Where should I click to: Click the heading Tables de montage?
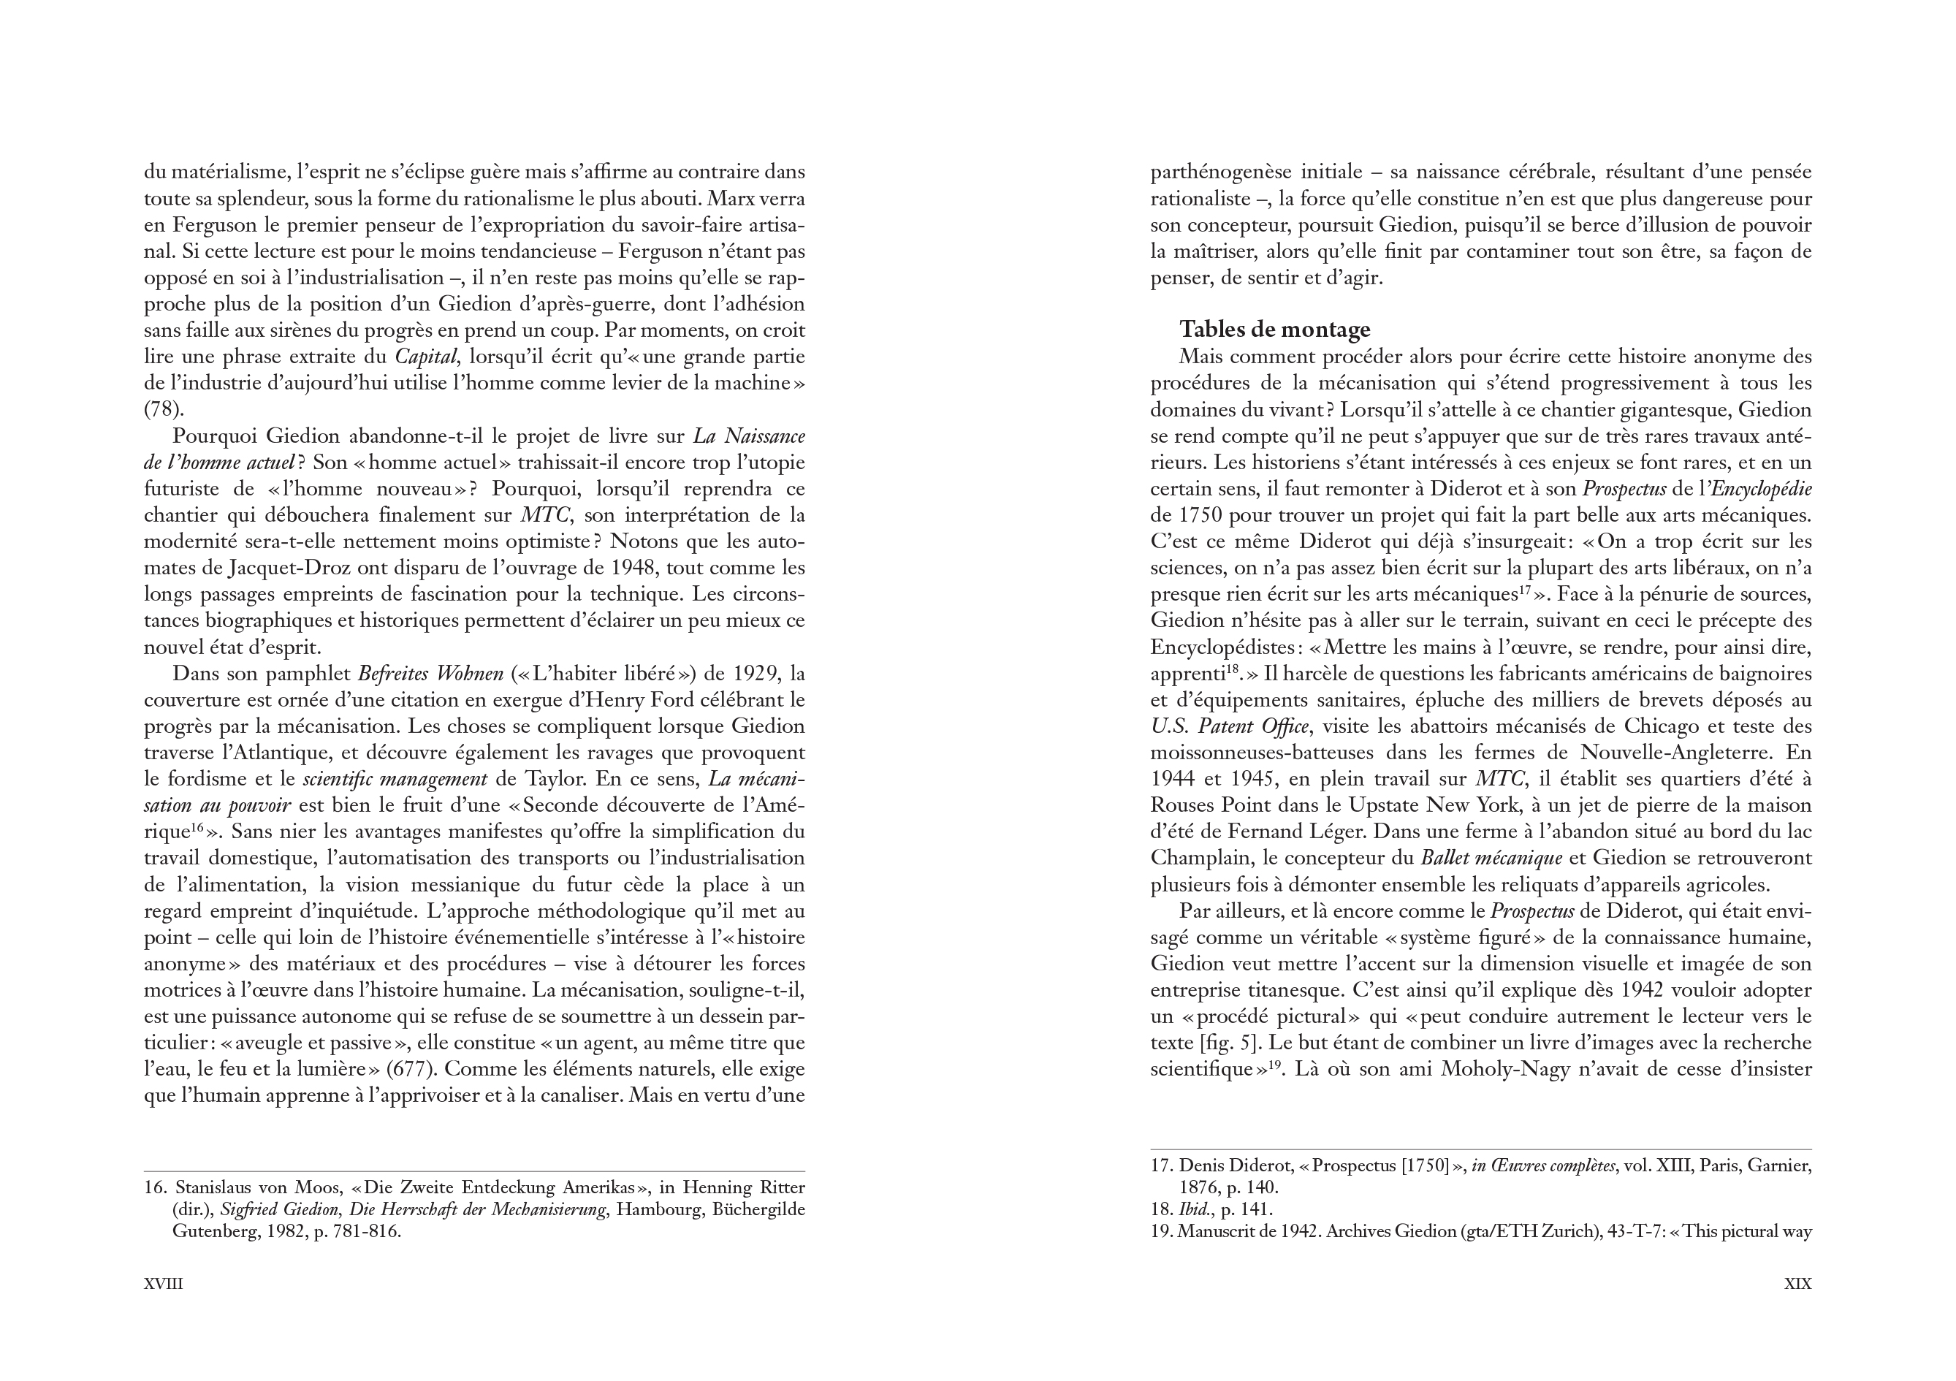point(1274,330)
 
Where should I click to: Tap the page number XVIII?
point(164,1284)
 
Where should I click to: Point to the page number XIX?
point(1797,1284)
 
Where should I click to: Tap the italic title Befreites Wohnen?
point(430,674)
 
